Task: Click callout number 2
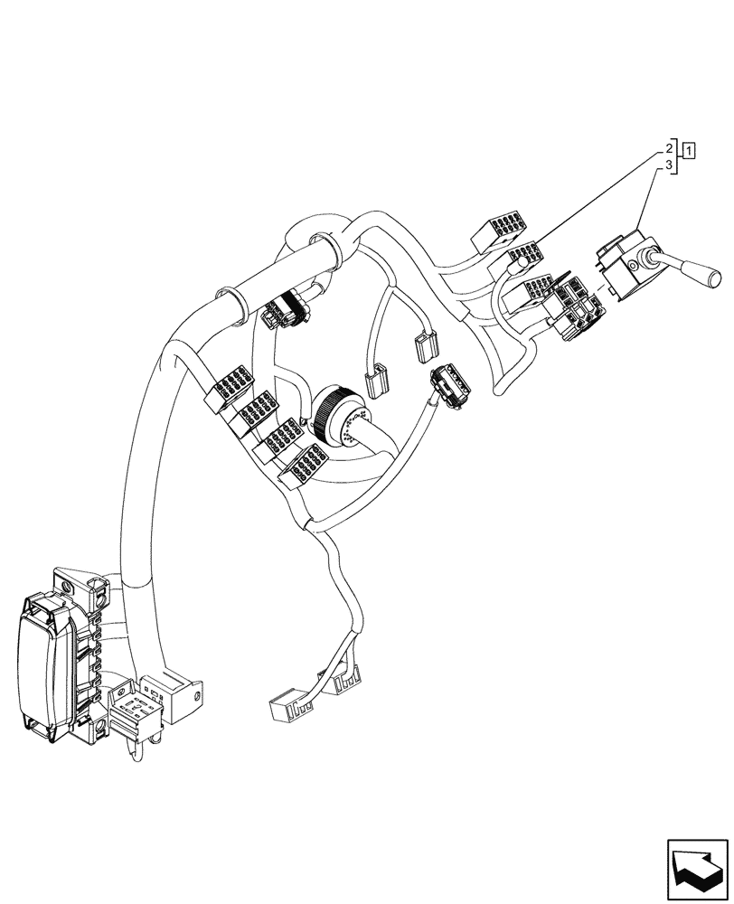coord(670,148)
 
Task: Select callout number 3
coord(670,166)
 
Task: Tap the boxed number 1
coord(689,150)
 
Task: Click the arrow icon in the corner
coord(697,869)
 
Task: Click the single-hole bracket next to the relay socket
coord(184,693)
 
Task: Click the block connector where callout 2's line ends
coord(525,259)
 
